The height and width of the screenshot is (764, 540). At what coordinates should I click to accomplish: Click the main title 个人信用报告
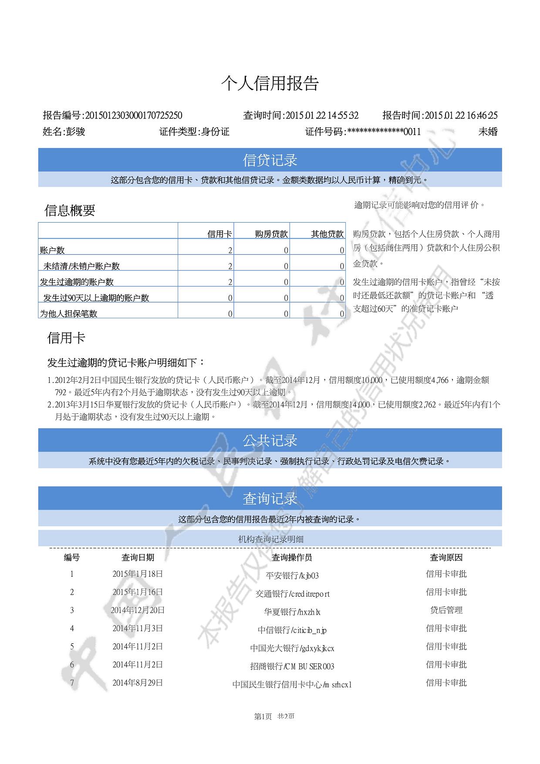tap(270, 83)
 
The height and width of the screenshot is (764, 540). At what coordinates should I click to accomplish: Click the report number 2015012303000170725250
tap(133, 115)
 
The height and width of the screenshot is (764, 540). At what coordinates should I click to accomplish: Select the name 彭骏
tap(75, 132)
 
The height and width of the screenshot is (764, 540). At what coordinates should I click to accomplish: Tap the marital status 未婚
tap(488, 132)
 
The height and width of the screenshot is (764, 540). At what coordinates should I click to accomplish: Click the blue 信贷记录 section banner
tap(270, 160)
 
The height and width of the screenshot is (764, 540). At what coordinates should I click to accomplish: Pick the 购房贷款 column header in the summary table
tap(271, 234)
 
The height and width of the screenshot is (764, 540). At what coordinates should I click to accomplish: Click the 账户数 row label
tap(52, 250)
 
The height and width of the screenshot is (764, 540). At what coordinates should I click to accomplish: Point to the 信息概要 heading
tap(70, 210)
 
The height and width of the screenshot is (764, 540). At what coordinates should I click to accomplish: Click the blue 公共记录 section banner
tap(270, 440)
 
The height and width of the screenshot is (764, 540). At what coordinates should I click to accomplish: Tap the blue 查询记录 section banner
tap(270, 498)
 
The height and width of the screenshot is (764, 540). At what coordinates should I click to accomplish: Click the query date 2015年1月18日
tap(138, 574)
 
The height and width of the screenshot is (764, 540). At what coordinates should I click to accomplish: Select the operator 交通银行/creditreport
tap(292, 594)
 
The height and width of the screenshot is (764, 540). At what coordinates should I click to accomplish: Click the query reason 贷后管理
tap(446, 610)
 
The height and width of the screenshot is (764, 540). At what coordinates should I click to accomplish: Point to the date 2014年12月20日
tap(138, 610)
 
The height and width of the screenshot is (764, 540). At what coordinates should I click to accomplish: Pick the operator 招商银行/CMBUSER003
tap(292, 666)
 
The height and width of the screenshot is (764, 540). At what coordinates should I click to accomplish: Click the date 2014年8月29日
tap(138, 683)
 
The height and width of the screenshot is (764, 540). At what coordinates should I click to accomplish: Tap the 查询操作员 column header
tap(292, 558)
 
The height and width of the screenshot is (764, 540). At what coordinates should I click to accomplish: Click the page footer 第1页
tap(263, 717)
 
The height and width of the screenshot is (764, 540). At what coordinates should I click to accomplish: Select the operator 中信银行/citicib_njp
tap(292, 630)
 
